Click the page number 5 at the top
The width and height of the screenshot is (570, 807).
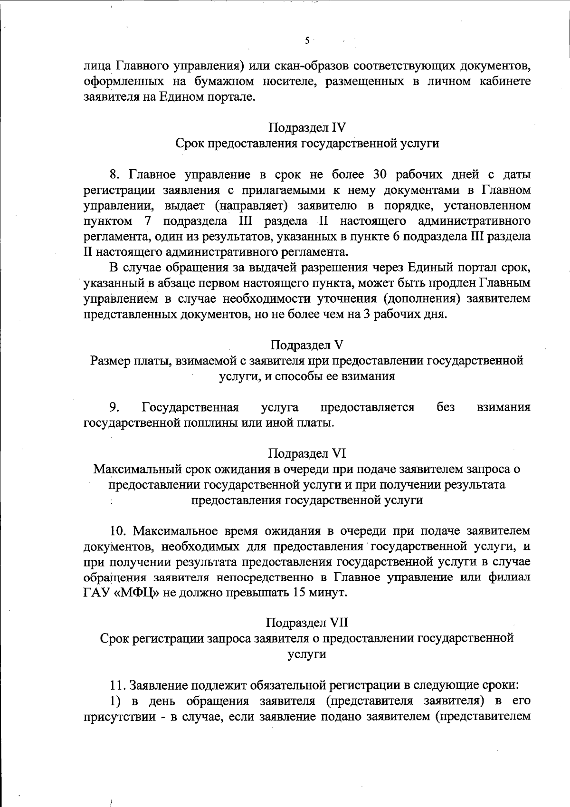[x=307, y=41]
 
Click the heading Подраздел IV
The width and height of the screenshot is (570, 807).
[x=307, y=128]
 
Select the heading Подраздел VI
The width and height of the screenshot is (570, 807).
[x=307, y=453]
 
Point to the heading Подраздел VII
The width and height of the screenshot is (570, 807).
[x=307, y=622]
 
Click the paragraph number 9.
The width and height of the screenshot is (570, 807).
[x=114, y=407]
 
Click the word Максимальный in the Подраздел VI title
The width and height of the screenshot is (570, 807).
[x=137, y=470]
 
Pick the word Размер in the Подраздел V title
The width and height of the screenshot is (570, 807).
[x=108, y=361]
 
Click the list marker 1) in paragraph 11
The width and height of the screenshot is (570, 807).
[x=116, y=701]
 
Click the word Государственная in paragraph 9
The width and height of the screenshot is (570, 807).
[x=190, y=407]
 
